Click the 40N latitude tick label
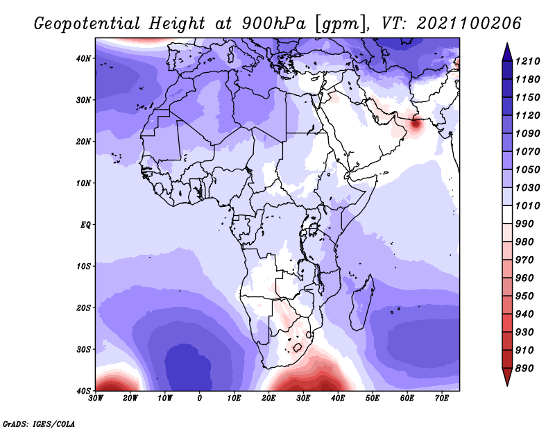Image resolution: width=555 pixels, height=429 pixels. tap(83, 58)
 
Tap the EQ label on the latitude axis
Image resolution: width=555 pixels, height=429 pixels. tap(85, 225)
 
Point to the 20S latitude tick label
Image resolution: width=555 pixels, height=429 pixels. tap(83, 308)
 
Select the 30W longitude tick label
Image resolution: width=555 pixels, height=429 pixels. tap(96, 398)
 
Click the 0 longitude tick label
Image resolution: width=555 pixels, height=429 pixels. tap(200, 398)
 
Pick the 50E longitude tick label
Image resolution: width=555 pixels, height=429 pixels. tap(373, 398)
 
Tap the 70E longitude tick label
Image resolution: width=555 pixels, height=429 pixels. tap(442, 398)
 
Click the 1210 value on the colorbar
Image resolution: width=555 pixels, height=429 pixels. tap(527, 61)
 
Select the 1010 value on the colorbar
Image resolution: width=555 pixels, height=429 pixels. tap(527, 205)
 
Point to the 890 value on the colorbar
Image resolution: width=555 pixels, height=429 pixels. tap(524, 369)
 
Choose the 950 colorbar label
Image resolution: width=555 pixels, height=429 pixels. tap(524, 296)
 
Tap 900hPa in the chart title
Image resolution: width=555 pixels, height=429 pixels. tap(273, 24)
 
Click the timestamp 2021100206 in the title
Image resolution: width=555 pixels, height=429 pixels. tap(469, 24)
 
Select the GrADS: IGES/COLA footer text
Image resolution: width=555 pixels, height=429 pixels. tap(39, 423)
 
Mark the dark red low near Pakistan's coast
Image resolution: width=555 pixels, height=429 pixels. tap(416, 124)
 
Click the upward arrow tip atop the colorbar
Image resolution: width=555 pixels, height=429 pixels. tap(507, 44)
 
